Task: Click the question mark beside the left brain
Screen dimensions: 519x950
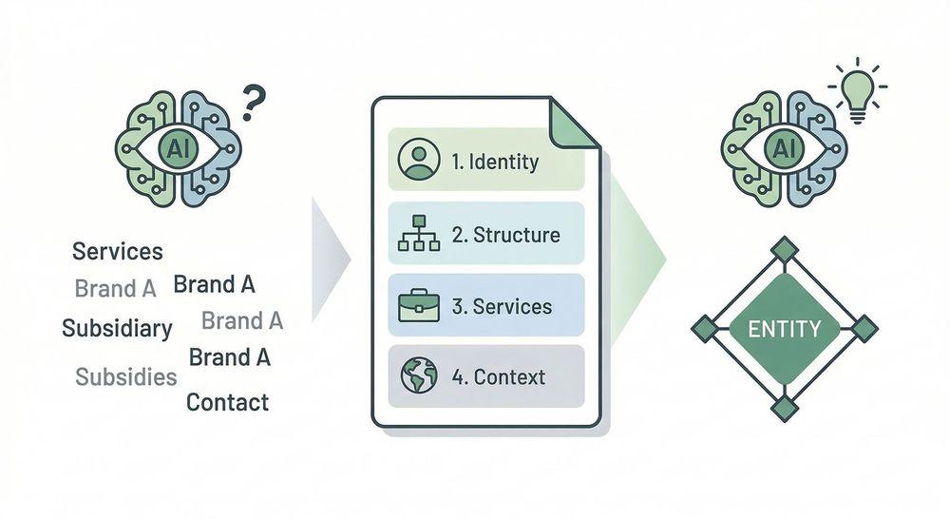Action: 253,103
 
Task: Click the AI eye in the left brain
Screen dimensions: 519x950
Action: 178,146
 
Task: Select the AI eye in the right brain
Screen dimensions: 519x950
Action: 785,146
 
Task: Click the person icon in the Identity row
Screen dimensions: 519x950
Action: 419,160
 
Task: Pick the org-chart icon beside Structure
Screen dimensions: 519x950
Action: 419,234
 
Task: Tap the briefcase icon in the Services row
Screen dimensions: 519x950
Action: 419,307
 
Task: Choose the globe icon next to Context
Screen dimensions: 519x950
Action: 419,376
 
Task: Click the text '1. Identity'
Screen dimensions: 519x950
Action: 495,161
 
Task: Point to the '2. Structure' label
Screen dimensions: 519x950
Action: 505,235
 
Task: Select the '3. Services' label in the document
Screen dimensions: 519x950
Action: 502,307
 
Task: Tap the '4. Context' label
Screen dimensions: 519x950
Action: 499,377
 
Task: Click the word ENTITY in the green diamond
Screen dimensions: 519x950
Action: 785,330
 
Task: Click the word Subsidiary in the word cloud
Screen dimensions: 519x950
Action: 117,329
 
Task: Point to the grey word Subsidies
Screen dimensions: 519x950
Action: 126,376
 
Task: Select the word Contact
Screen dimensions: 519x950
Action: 227,402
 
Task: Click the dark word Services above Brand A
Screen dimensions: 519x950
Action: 118,252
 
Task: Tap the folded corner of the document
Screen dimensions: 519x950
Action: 574,123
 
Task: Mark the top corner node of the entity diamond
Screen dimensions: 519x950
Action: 785,249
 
